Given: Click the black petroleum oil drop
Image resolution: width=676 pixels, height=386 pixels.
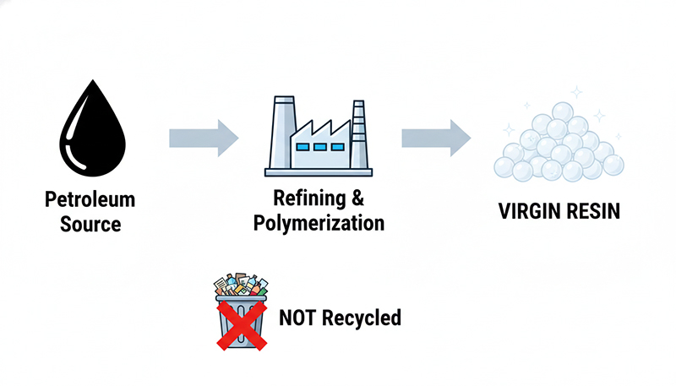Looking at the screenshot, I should click(x=91, y=135).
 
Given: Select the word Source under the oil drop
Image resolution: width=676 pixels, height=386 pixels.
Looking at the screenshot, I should click(x=91, y=225).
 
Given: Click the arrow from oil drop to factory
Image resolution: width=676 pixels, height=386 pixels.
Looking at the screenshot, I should click(x=204, y=137).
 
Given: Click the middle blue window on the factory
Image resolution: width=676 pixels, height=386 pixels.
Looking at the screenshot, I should click(x=320, y=147).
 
